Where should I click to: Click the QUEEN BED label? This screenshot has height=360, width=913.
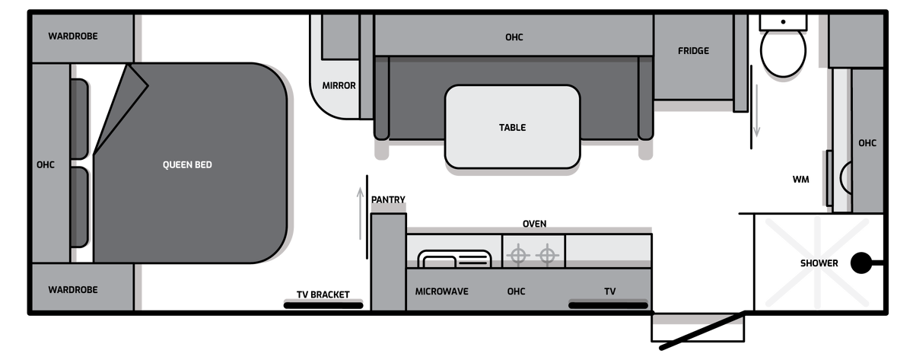[187, 164]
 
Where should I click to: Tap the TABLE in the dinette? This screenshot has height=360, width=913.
[512, 127]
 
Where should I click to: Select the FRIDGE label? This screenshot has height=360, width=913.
[693, 51]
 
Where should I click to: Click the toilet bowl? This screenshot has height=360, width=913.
[783, 51]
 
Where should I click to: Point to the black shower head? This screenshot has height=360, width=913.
[861, 263]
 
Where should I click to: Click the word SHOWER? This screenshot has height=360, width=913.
[819, 263]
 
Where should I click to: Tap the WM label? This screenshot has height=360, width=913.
[800, 180]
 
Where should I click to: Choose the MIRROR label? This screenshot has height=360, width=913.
[339, 85]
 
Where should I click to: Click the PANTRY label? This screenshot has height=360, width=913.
[388, 199]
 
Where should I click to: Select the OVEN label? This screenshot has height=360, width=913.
[534, 224]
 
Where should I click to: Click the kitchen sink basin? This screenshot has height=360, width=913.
[454, 260]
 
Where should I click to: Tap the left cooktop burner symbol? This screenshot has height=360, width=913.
[518, 256]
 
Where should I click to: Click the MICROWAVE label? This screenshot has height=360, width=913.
[441, 292]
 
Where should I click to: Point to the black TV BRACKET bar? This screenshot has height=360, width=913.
[323, 306]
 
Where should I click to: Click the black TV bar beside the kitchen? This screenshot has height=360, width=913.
[608, 305]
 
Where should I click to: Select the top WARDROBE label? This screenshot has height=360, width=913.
[73, 37]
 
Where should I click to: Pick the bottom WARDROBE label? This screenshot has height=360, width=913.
[73, 290]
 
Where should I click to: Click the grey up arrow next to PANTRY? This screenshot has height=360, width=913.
[361, 213]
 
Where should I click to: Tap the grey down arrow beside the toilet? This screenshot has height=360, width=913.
[756, 110]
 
